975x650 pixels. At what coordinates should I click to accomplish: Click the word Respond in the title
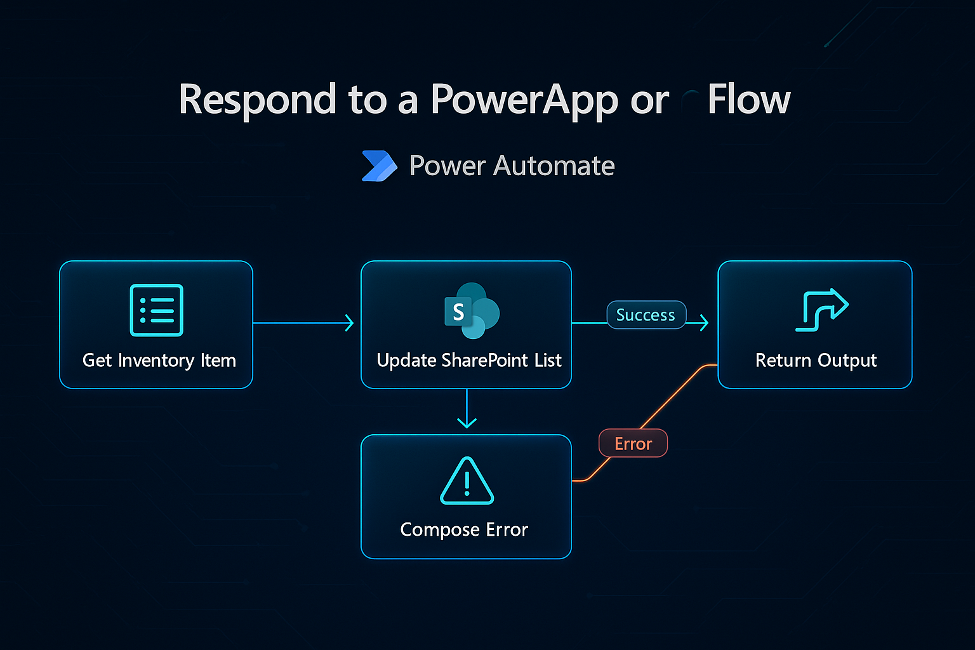point(257,100)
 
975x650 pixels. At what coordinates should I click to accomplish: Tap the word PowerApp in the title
point(524,100)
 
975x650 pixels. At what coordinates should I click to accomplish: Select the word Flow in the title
point(748,100)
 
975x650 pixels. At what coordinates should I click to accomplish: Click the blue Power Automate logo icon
point(379,166)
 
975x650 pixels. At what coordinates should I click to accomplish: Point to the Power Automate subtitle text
point(512,166)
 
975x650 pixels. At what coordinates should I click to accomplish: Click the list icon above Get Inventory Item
point(156,310)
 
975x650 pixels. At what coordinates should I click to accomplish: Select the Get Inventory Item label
point(159,361)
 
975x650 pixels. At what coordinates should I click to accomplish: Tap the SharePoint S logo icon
point(471,311)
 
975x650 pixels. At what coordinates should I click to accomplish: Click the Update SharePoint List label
point(469,361)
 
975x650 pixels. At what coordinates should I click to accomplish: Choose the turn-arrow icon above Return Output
point(821,310)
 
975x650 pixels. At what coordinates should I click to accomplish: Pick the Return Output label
point(816,361)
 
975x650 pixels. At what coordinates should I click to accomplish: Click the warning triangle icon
point(467,482)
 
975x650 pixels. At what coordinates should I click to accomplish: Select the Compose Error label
point(464,529)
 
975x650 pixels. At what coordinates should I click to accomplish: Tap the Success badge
point(646,315)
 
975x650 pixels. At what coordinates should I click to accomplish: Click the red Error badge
point(633,444)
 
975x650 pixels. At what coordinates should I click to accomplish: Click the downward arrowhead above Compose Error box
point(467,422)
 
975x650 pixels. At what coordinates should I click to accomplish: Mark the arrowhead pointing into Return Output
point(704,323)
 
